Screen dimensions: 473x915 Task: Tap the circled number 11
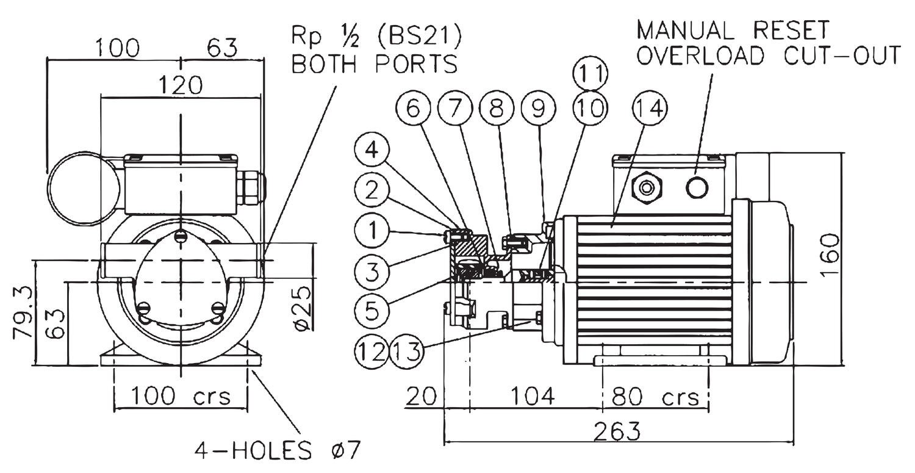(590, 74)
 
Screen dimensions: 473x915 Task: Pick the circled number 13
(407, 352)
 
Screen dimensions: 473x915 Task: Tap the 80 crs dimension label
(655, 397)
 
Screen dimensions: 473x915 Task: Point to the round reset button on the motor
(697, 187)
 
